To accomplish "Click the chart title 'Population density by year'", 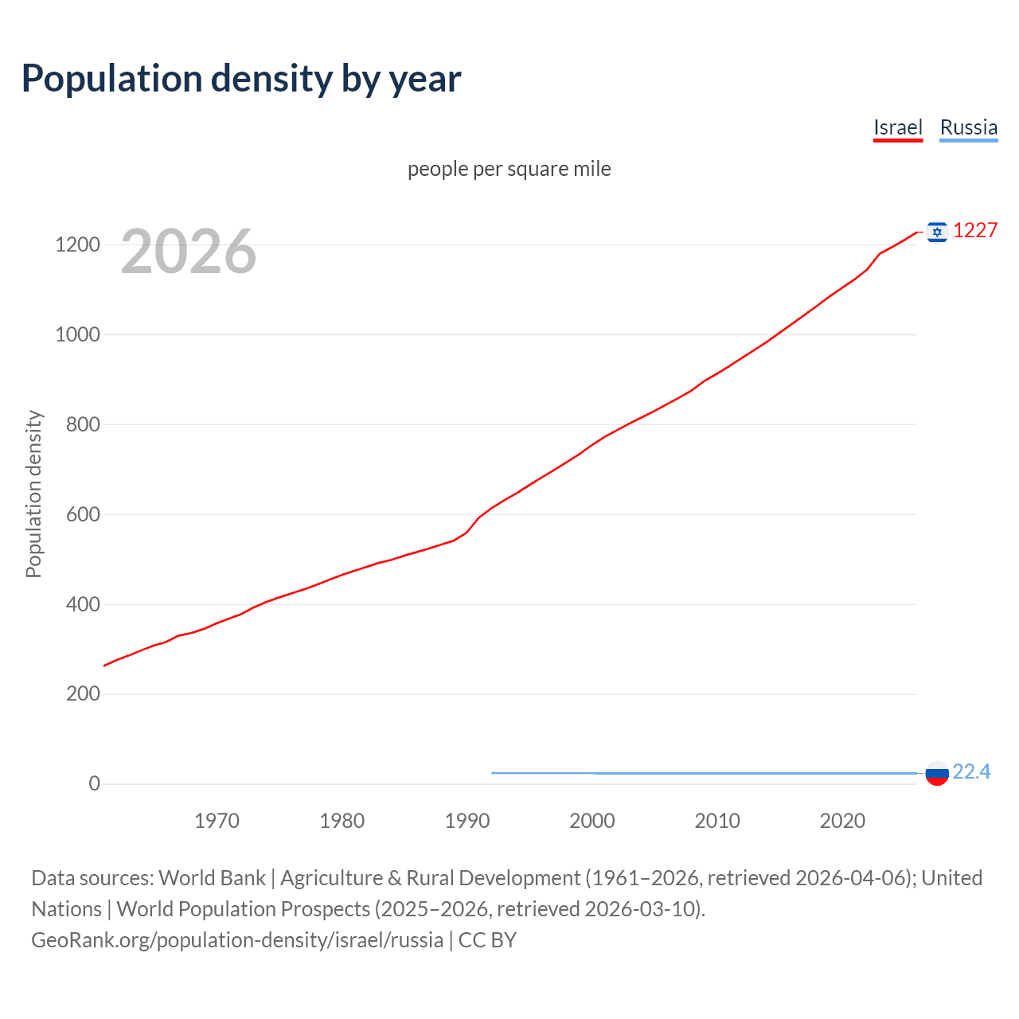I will [x=241, y=79].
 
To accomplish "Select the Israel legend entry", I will [x=897, y=127].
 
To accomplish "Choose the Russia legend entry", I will [x=968, y=127].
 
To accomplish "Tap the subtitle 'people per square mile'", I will [x=509, y=169].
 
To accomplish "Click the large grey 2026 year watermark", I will [x=189, y=252].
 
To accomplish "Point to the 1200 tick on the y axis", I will [x=77, y=244].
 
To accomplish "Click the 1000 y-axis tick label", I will [x=77, y=334].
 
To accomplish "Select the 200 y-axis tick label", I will [x=82, y=693].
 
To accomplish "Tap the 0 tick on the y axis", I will [x=94, y=783].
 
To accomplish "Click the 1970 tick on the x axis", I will [x=217, y=821].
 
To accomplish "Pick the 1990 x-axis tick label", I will [x=467, y=821].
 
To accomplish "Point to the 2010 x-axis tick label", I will [x=717, y=821].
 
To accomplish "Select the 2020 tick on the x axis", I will [x=842, y=821].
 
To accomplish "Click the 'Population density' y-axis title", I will [x=33, y=494].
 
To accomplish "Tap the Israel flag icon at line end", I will [x=937, y=232].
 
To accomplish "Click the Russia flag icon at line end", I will [x=937, y=773].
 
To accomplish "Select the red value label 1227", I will [x=975, y=230].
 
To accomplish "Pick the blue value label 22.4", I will [x=971, y=771].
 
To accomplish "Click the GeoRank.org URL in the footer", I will [x=237, y=940].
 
